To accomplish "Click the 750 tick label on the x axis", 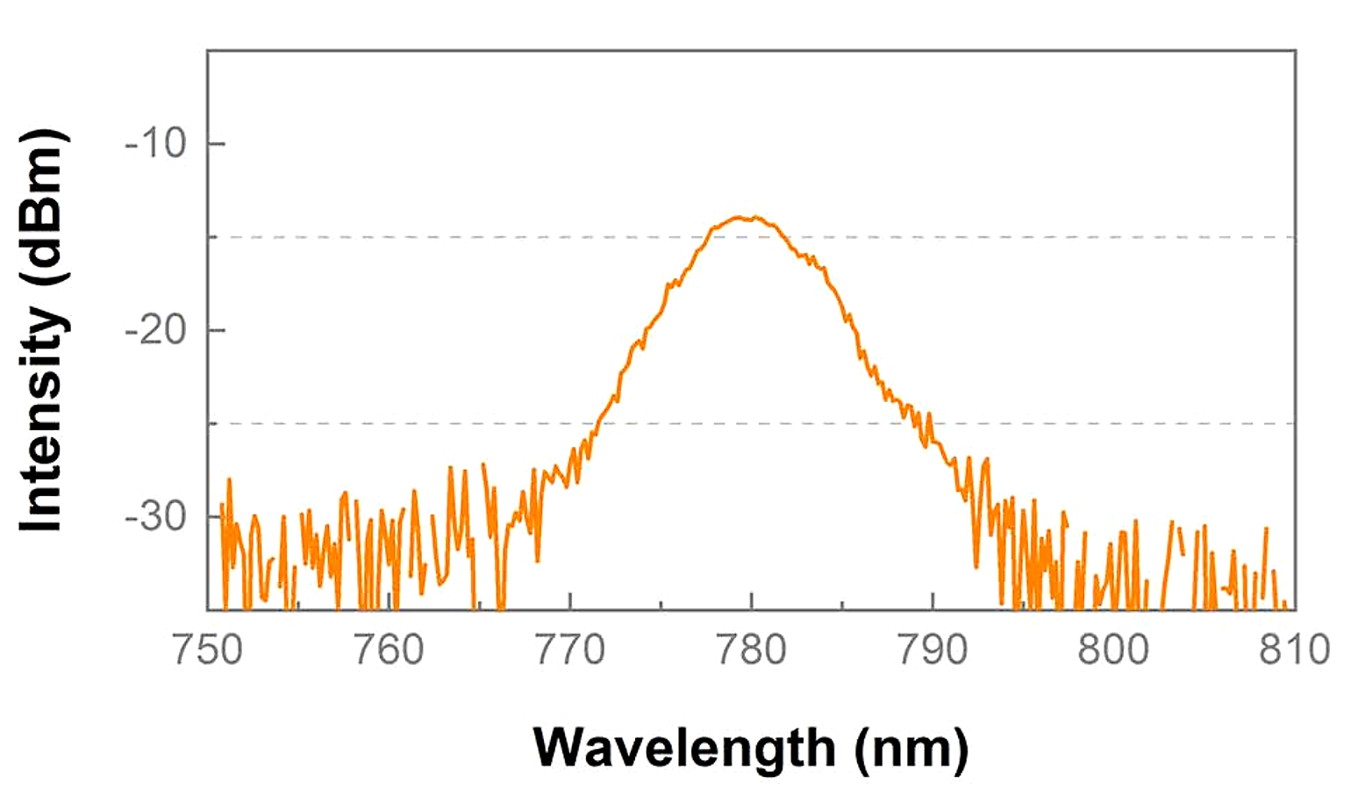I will [208, 651].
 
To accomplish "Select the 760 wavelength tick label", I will [389, 651].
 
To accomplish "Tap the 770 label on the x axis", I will [570, 651].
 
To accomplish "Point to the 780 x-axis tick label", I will [751, 651].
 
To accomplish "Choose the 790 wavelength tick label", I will [933, 651].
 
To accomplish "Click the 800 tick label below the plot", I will [1113, 651].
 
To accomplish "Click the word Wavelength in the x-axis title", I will [684, 749].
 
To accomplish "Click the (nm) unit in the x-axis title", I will [912, 749].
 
